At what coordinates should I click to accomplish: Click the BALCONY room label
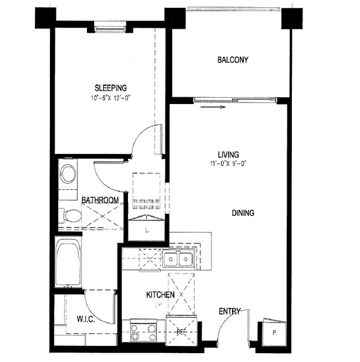(233, 60)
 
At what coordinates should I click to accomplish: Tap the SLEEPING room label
(111, 87)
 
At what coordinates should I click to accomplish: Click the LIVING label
(228, 154)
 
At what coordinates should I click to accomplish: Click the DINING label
(243, 213)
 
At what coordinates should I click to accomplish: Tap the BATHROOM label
(100, 200)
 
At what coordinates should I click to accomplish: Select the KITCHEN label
(161, 295)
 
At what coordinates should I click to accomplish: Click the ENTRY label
(230, 312)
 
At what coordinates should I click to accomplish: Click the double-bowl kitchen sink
(178, 259)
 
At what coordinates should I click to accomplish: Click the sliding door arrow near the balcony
(214, 108)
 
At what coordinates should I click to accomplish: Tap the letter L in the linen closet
(147, 229)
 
